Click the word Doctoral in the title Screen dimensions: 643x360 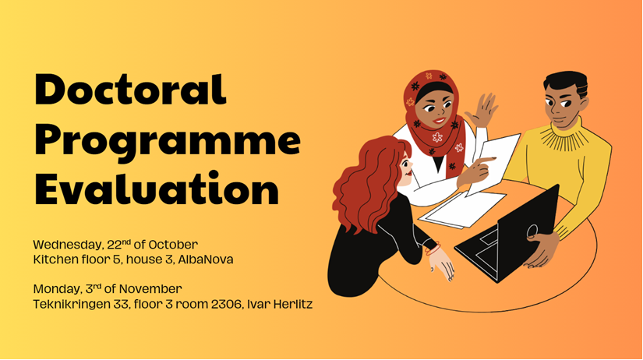tap(130, 90)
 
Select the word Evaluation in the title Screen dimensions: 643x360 tap(157, 189)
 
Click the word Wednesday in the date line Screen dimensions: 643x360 tap(68, 245)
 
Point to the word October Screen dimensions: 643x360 tap(173, 245)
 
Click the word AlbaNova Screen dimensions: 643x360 tap(206, 259)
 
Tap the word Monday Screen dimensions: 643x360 tap(58, 289)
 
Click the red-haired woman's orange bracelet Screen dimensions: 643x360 tap(433, 249)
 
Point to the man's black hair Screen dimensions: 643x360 tap(567, 82)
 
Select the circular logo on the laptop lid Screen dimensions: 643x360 tap(532, 231)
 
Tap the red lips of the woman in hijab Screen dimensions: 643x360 tap(438, 121)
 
